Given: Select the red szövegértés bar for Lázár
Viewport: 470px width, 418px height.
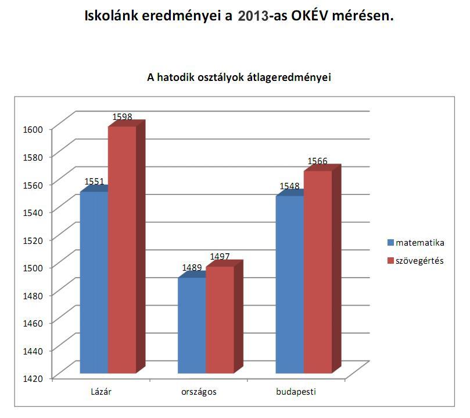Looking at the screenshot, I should [122, 250].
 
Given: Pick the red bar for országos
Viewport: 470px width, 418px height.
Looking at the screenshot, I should [220, 320].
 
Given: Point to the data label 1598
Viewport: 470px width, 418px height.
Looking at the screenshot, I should [122, 117].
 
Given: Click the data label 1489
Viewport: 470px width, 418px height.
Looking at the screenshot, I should [192, 268].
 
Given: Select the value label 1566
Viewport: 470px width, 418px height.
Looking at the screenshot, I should [318, 161].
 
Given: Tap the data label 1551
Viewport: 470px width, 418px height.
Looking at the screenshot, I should [94, 182].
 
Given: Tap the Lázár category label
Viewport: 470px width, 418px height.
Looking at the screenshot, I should [101, 392].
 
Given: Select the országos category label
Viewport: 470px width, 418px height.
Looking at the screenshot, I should [199, 392].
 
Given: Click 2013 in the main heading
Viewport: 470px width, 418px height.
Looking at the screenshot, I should [253, 16].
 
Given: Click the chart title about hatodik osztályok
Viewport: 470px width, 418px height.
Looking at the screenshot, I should [239, 77].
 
